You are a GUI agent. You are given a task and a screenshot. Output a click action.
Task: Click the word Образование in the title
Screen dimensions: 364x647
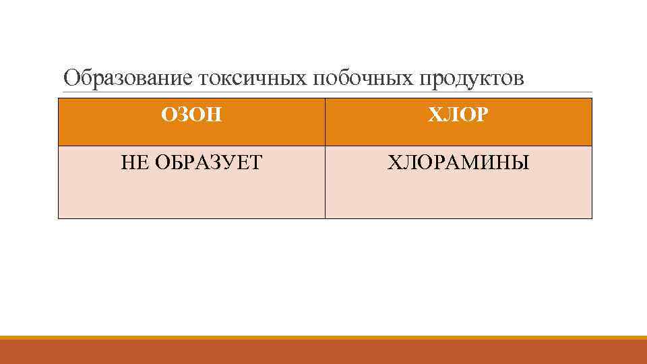pos(128,80)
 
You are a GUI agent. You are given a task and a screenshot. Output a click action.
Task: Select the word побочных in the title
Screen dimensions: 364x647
pos(362,80)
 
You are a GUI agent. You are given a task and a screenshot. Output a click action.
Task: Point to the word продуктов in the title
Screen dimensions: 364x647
pos(472,80)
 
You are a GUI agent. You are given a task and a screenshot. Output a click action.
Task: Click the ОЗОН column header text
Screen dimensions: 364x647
pos(191,116)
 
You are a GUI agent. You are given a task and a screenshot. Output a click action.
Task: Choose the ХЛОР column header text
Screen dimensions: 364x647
pos(458,116)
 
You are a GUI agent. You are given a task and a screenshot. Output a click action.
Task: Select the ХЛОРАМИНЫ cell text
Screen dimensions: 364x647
pos(458,162)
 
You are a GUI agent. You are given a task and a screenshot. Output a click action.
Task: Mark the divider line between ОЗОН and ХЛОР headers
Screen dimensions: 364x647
pos(325,121)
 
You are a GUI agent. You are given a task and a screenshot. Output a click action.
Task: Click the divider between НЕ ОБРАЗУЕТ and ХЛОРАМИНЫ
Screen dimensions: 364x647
pos(325,182)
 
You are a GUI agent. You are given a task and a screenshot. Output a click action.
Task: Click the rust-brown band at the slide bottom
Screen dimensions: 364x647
pos(323,352)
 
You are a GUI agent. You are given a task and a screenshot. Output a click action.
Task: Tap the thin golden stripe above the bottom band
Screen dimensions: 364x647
pos(323,337)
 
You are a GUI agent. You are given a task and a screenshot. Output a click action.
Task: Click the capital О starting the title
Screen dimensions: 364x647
pos(71,80)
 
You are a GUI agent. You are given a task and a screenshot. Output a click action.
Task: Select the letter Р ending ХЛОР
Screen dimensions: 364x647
pos(481,116)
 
